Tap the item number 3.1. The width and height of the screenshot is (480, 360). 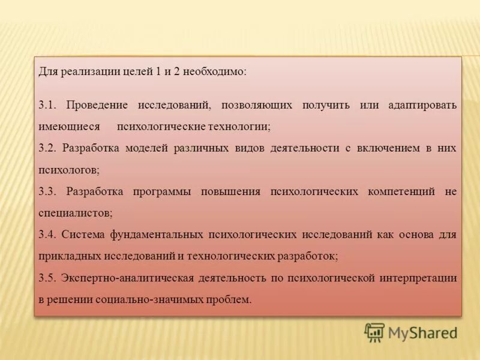click(47, 105)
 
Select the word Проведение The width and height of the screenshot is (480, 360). click(97, 105)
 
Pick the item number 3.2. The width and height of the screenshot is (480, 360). click(47, 148)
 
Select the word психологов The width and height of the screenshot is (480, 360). click(68, 170)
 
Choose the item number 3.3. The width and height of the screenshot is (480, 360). click(47, 191)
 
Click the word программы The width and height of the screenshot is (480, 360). click(163, 191)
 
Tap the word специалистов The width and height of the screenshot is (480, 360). click(74, 213)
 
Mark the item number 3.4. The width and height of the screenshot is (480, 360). click(47, 235)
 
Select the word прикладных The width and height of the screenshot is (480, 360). click(67, 256)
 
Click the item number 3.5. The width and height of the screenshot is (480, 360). click(47, 278)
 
